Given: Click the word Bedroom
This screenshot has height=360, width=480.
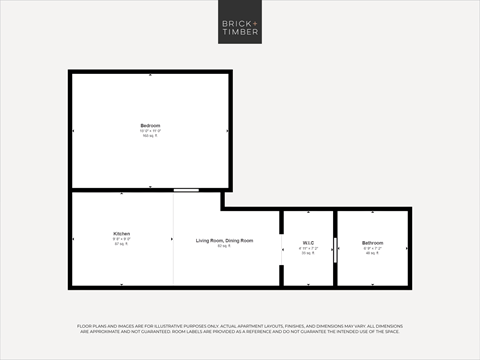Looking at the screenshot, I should click(150, 124).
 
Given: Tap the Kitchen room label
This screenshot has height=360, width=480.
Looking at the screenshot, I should click(121, 234).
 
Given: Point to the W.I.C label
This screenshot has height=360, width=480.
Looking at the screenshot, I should click(308, 243).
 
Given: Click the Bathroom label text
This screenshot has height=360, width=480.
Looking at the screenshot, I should click(372, 243).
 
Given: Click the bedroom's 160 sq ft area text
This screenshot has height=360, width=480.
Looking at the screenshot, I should click(150, 136).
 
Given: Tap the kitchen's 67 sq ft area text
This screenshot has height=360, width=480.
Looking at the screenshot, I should click(121, 244).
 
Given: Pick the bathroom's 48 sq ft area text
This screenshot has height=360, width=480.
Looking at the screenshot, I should click(372, 254).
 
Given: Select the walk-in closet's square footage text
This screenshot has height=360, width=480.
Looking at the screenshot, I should click(308, 254).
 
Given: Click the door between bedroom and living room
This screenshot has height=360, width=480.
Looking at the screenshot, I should click(185, 190).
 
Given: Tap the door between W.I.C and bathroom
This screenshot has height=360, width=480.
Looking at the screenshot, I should click(335, 249).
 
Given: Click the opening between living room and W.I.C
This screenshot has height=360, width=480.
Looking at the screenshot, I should click(281, 249).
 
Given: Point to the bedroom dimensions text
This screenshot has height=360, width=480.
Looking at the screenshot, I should click(150, 130).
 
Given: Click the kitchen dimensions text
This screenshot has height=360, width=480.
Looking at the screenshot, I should click(121, 239).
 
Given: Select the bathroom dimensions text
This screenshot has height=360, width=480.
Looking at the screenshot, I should click(372, 249).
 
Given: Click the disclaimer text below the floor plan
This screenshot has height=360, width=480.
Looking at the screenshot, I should click(240, 329).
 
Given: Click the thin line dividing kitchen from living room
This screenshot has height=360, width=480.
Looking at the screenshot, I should click(173, 240).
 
